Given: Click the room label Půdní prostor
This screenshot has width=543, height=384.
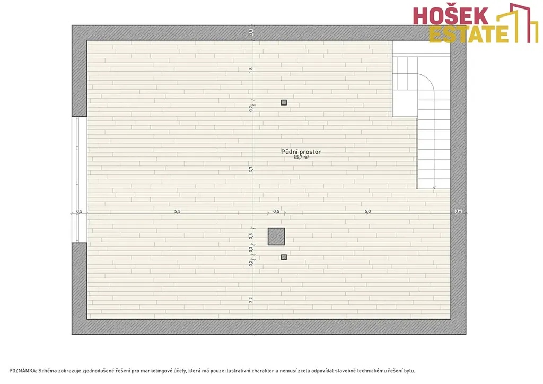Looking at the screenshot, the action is pyautogui.click(x=301, y=152).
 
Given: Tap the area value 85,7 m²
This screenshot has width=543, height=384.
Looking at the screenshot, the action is pyautogui.click(x=301, y=157).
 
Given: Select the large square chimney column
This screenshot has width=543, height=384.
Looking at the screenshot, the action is pyautogui.click(x=276, y=236).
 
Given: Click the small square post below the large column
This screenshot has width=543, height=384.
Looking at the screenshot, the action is pyautogui.click(x=284, y=257).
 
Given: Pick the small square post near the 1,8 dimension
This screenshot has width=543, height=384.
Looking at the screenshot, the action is pyautogui.click(x=284, y=102).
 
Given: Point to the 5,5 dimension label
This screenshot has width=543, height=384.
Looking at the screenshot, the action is pyautogui.click(x=177, y=211).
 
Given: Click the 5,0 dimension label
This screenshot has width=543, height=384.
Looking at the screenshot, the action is pyautogui.click(x=368, y=211).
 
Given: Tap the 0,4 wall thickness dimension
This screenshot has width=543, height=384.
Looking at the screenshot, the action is pyautogui.click(x=458, y=211).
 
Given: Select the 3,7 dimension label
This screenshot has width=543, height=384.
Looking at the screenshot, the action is pyautogui.click(x=251, y=169).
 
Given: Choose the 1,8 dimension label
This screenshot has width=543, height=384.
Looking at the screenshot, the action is pyautogui.click(x=251, y=69).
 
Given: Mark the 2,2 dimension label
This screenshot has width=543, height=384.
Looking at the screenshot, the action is pyautogui.click(x=251, y=300).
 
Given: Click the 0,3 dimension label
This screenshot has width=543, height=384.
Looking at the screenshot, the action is pyautogui.click(x=251, y=249).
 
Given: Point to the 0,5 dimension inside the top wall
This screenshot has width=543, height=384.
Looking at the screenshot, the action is pyautogui.click(x=251, y=32).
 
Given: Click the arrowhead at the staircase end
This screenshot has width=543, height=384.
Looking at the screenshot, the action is pyautogui.click(x=434, y=188).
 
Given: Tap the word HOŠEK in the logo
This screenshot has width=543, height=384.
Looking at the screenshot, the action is pyautogui.click(x=451, y=16).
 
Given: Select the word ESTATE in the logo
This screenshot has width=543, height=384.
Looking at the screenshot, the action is pyautogui.click(x=468, y=34).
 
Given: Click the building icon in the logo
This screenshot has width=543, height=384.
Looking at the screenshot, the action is pyautogui.click(x=518, y=22).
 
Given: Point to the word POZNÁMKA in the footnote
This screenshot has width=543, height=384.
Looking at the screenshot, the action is pyautogui.click(x=22, y=371).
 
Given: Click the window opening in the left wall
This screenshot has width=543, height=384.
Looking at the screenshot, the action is pyautogui.click(x=80, y=180).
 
